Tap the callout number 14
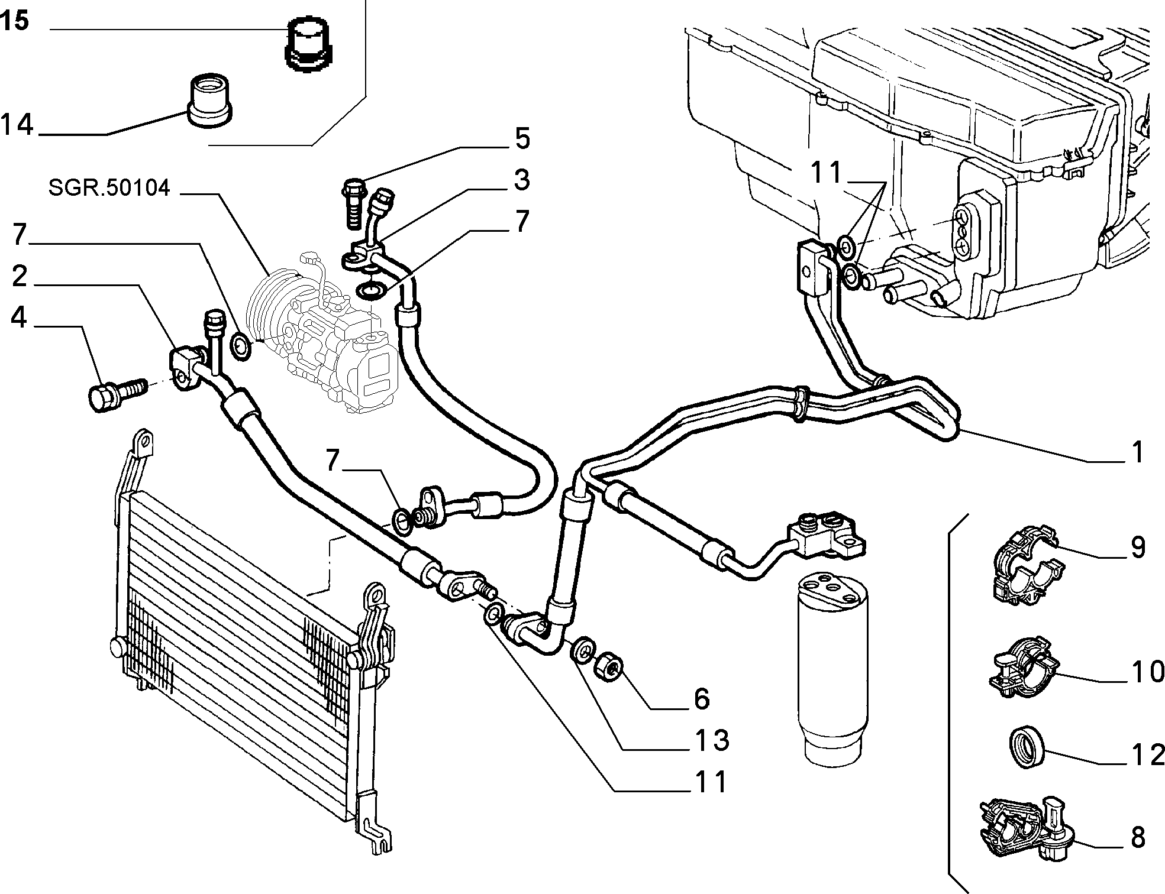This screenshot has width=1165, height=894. click(x=17, y=125)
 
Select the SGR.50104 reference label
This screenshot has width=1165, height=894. click(x=109, y=188)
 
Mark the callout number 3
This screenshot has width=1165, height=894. click(x=521, y=180)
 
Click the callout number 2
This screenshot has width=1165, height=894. click(x=20, y=276)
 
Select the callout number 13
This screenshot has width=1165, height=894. click(x=711, y=740)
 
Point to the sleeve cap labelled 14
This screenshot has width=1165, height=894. click(x=211, y=100)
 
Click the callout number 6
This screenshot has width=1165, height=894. click(x=702, y=698)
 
